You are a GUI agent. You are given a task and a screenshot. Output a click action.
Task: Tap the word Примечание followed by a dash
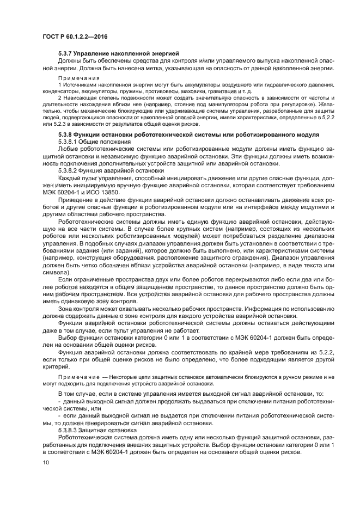pyautogui.click(x=77, y=376)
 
